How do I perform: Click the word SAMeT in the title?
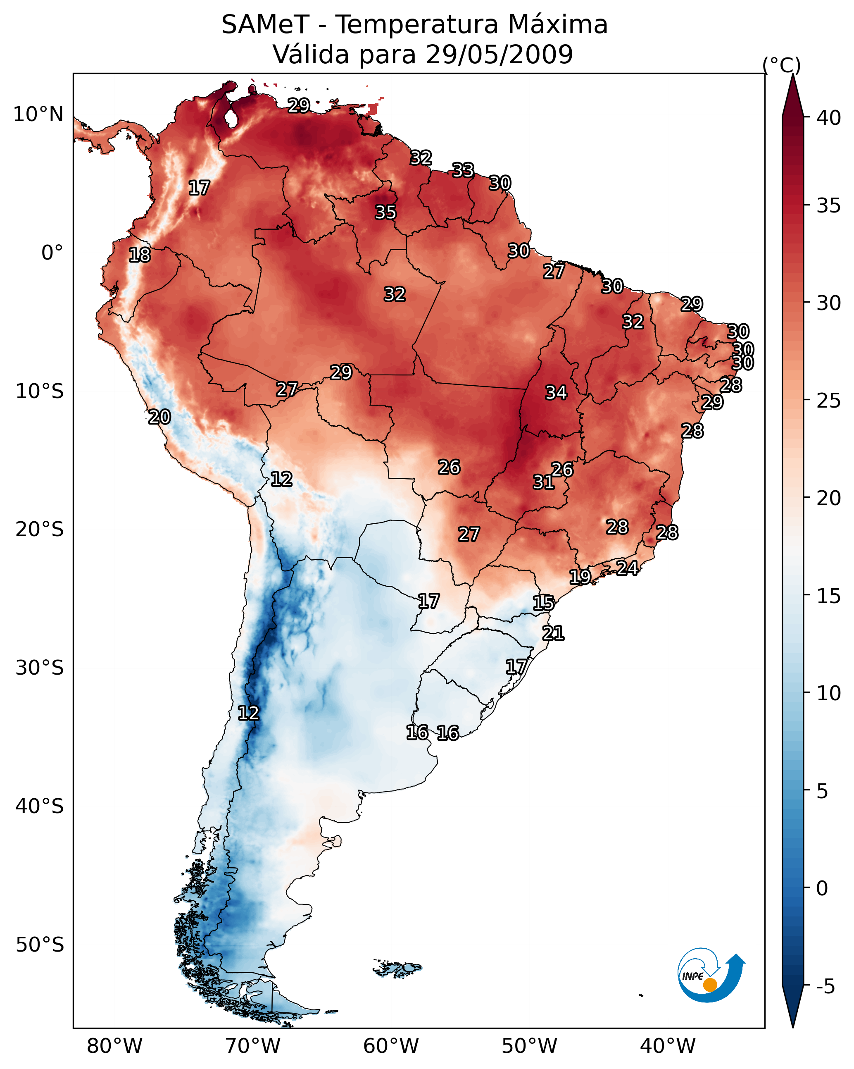pos(265,25)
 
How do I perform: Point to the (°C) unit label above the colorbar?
pos(781,65)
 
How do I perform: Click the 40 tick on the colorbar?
pos(829,118)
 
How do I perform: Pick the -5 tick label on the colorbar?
pos(825,987)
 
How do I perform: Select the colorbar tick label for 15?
pos(829,596)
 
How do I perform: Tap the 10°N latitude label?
pos(39,115)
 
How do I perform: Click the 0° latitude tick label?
pos(52,253)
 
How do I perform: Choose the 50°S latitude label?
pos(40,945)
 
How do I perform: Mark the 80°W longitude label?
pos(114,1046)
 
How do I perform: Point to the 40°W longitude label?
pos(668,1046)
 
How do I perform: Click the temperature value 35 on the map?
pos(385,212)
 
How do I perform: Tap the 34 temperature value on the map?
pos(556,393)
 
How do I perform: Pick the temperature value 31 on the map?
pos(543,482)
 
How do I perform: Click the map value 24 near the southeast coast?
pos(627,568)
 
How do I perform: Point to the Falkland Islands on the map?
pos(398,967)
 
